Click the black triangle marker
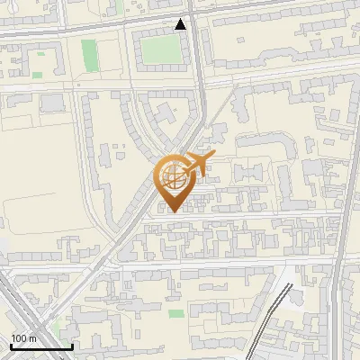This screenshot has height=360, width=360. tap(182, 24)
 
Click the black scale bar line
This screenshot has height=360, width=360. tap(40, 347)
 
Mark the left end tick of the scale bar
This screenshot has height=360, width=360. tap(11, 346)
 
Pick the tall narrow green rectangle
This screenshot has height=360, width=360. tap(88, 55)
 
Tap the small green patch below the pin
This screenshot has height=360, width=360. tap(176, 313)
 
